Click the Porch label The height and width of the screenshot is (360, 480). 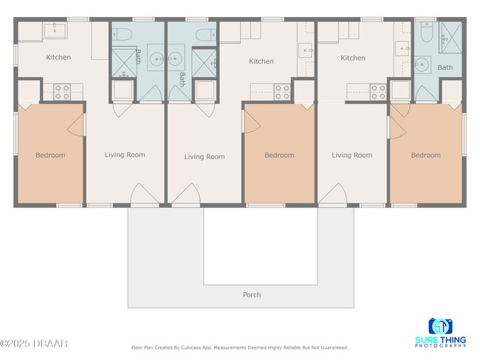[x=252, y=295]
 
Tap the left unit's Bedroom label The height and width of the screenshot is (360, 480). [x=50, y=156]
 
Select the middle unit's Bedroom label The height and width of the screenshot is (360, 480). [x=279, y=156]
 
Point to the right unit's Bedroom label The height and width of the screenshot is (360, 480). [x=425, y=156]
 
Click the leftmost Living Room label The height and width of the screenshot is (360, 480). [x=125, y=155]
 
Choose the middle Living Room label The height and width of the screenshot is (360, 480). [x=205, y=156]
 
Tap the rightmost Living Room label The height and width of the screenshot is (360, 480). [x=352, y=156]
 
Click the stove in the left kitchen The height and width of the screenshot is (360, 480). [x=62, y=91]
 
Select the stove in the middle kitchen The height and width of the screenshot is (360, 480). [x=282, y=91]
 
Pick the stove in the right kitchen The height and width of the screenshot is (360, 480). [x=378, y=91]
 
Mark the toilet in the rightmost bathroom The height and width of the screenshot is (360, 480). [x=427, y=33]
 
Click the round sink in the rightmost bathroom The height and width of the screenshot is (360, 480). [x=422, y=65]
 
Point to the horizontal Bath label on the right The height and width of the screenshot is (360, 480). [x=445, y=68]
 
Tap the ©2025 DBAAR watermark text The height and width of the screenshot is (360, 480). [x=34, y=343]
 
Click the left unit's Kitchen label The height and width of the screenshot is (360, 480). [x=58, y=57]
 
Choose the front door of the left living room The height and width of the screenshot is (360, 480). [x=144, y=195]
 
